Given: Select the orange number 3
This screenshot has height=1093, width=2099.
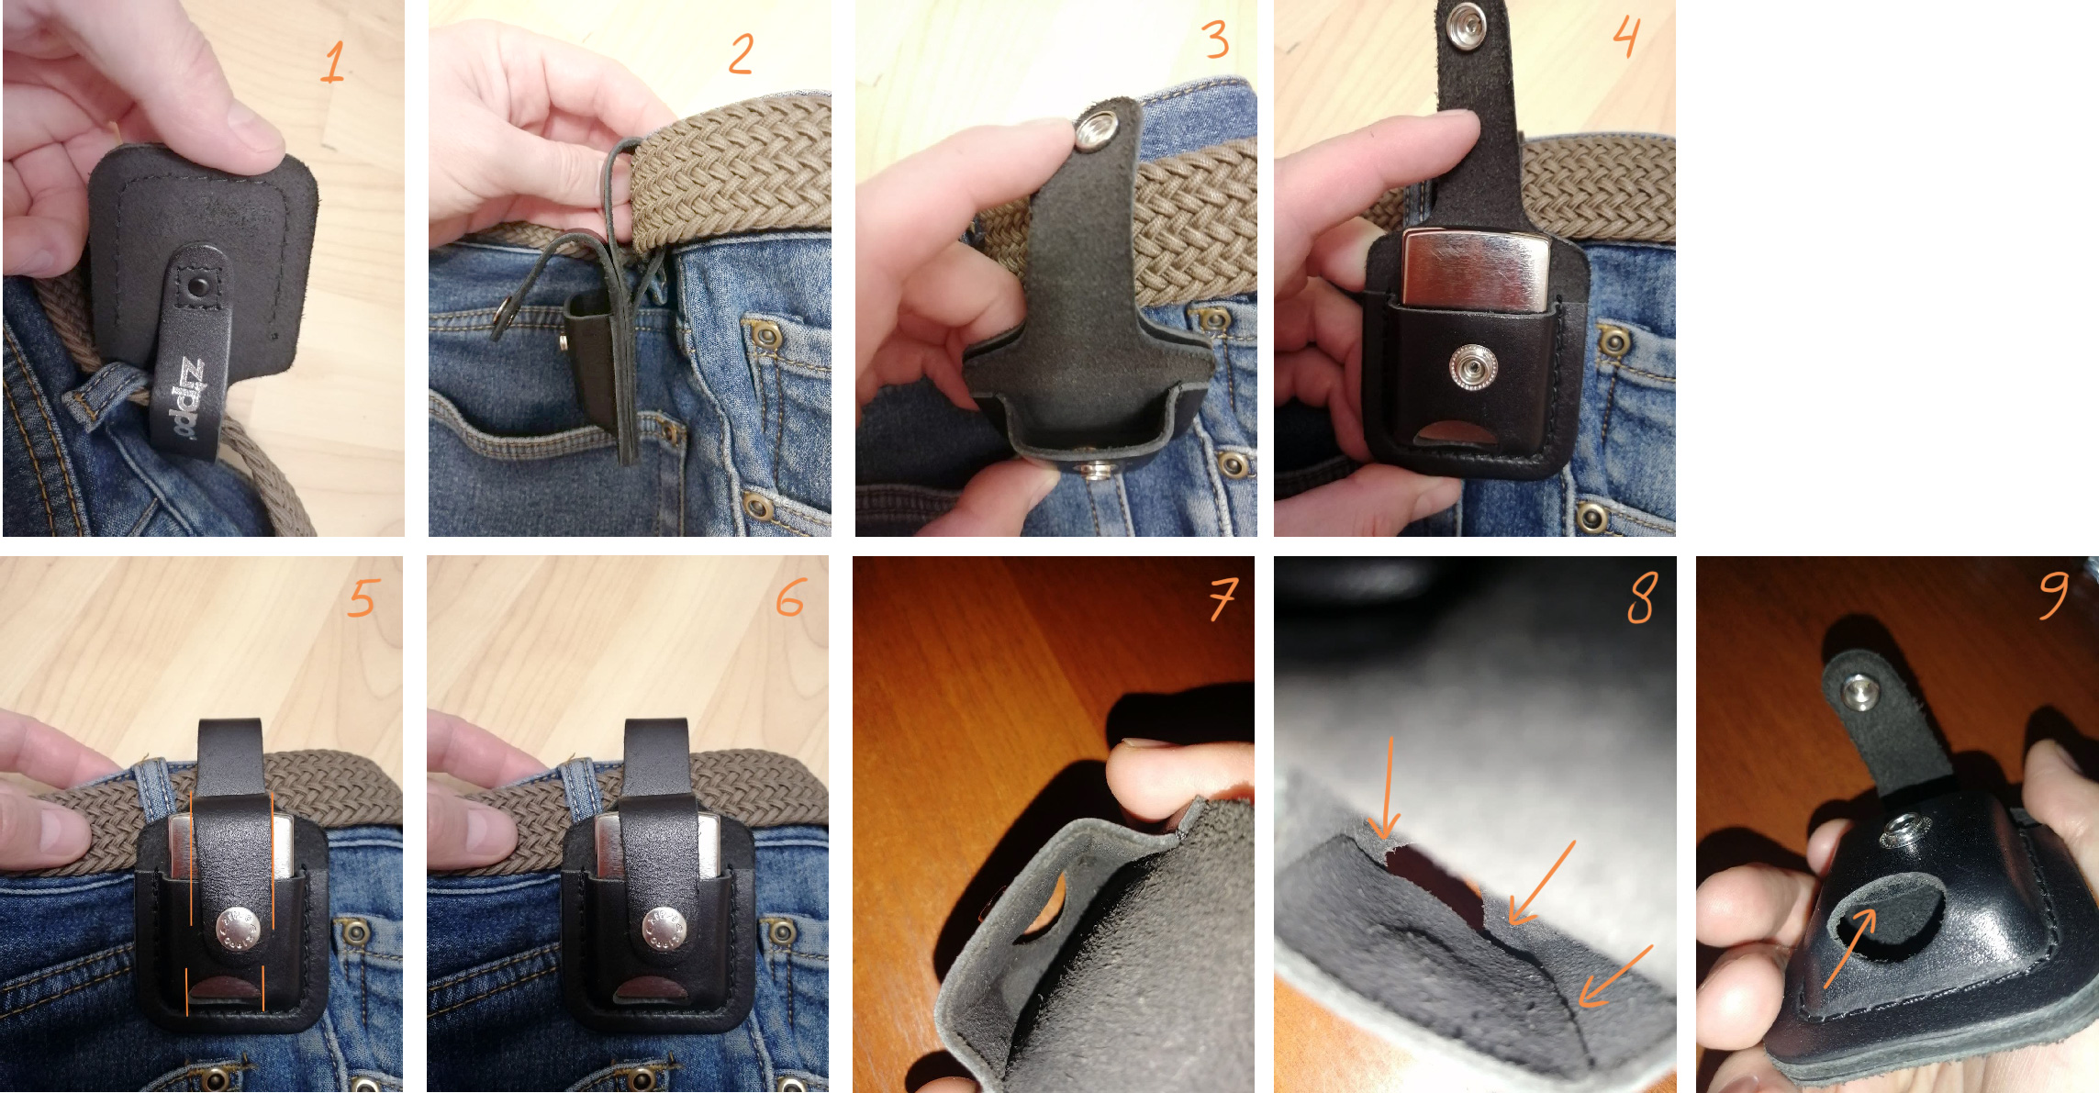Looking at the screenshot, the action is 1215,39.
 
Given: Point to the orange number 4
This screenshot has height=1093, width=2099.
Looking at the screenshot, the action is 1626,37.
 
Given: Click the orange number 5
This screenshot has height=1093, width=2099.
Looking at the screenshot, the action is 363,597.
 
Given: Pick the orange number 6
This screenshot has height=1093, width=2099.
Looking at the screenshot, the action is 790,597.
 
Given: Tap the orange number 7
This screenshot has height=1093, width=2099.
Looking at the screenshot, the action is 1223,598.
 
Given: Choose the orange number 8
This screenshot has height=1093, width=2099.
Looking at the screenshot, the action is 1643,597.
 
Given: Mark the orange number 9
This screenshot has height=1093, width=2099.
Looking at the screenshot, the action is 2054,595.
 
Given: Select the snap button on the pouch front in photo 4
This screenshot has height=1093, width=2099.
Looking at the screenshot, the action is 1472,367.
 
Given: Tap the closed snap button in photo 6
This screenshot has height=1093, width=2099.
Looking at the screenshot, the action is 664,928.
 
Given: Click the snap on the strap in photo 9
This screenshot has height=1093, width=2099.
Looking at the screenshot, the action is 1860,689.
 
